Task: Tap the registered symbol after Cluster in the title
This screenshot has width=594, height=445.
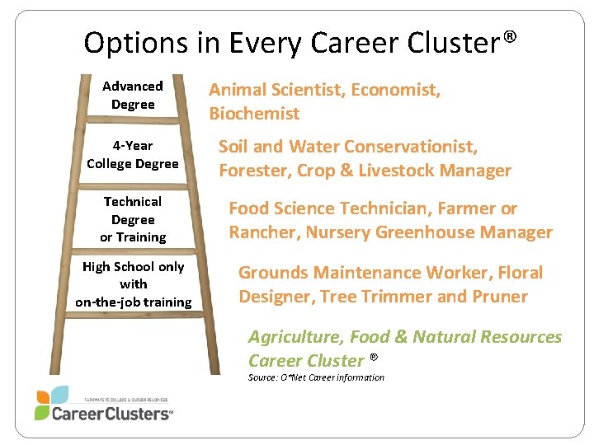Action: click(x=511, y=37)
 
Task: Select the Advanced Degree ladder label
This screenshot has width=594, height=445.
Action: click(x=133, y=95)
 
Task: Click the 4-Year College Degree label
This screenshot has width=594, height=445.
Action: click(x=133, y=154)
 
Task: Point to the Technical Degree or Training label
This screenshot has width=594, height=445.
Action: click(x=133, y=219)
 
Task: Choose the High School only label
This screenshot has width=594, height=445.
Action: click(x=133, y=284)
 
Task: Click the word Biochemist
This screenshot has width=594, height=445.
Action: click(x=254, y=114)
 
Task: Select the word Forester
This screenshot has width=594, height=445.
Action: click(x=252, y=171)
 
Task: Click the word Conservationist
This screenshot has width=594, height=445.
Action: click(x=410, y=147)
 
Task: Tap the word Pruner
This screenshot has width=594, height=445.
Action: click(x=497, y=296)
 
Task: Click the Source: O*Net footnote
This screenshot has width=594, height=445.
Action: click(x=316, y=377)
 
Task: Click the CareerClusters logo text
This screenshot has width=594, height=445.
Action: click(x=112, y=414)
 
